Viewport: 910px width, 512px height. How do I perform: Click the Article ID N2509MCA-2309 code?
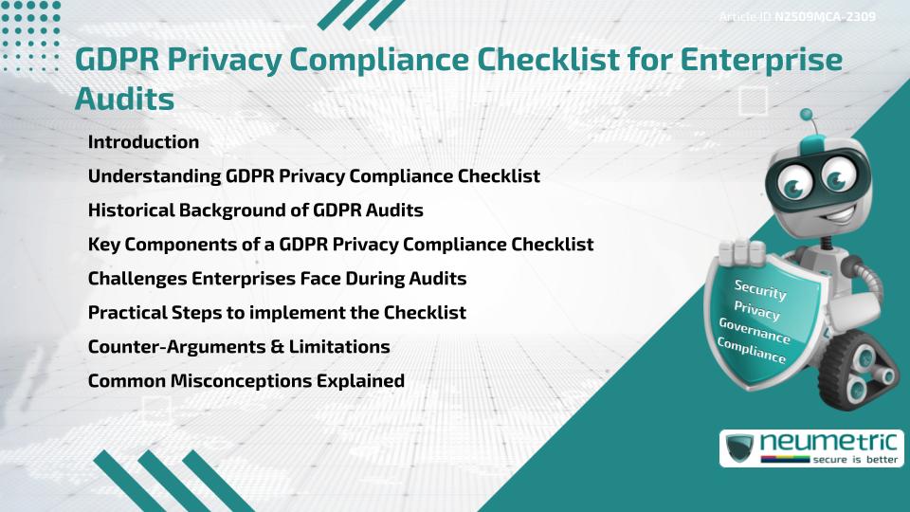(x=823, y=17)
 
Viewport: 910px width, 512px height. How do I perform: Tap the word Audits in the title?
(x=124, y=97)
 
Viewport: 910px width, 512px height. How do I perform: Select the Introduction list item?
(x=143, y=142)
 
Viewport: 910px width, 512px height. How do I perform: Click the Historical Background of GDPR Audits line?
(x=255, y=210)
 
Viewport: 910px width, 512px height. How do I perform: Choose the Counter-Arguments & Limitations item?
(x=238, y=347)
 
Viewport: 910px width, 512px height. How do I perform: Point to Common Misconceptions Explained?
(x=246, y=381)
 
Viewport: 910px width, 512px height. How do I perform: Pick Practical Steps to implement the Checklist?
(x=276, y=312)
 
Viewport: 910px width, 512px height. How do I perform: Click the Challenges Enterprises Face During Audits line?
(x=277, y=279)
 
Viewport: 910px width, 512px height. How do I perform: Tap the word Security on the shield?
(x=760, y=290)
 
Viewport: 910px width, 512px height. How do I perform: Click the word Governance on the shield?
(x=755, y=331)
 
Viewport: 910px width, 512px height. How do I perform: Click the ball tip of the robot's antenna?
(x=808, y=116)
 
